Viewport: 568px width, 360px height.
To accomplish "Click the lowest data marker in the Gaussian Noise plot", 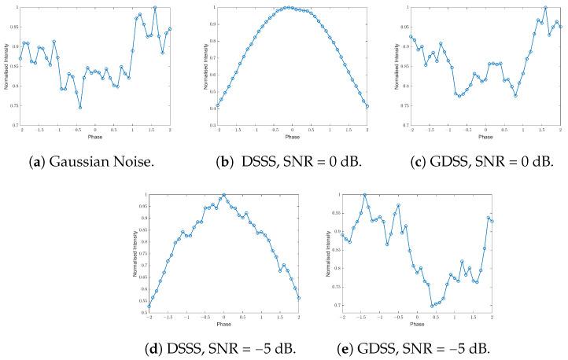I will coord(80,108).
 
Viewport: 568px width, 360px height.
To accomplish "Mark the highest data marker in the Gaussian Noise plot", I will coord(155,8).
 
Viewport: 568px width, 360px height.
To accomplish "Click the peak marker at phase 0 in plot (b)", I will coord(293,8).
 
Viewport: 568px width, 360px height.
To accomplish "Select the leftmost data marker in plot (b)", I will coord(217,106).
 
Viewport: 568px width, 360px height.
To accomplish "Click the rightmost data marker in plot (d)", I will coord(299,298).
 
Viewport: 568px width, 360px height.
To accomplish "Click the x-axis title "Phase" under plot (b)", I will coord(292,136).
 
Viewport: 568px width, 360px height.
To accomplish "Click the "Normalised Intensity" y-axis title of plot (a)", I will coord(6,67).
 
